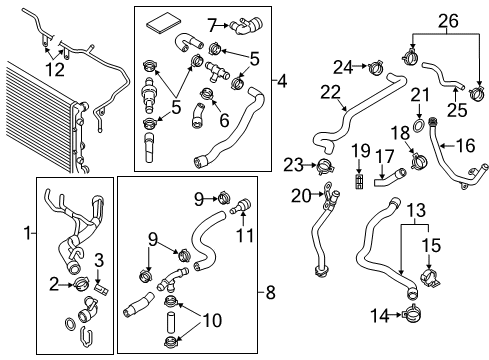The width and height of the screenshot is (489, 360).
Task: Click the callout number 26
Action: pyautogui.click(x=448, y=21)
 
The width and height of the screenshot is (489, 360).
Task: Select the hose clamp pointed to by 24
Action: pyautogui.click(x=376, y=67)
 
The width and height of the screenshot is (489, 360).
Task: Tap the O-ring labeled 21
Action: pyautogui.click(x=418, y=124)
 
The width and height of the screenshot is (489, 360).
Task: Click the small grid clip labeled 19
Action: pyautogui.click(x=359, y=182)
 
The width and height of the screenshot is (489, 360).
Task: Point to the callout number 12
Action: pyautogui.click(x=55, y=70)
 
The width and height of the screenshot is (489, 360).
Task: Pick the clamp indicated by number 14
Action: pyautogui.click(x=412, y=314)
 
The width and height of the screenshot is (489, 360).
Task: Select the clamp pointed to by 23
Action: pyautogui.click(x=325, y=166)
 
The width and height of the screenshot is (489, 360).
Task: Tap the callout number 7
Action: pyautogui.click(x=213, y=25)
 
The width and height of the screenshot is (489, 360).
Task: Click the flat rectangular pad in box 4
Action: pyautogui.click(x=164, y=23)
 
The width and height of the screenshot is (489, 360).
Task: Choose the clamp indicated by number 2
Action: pyautogui.click(x=81, y=284)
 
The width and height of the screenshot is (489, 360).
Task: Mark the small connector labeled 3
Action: pyautogui.click(x=102, y=288)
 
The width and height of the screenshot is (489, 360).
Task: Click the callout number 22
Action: pyautogui.click(x=330, y=93)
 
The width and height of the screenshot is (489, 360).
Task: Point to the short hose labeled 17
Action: pyautogui.click(x=390, y=178)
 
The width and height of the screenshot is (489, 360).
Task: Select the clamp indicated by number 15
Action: pyautogui.click(x=430, y=277)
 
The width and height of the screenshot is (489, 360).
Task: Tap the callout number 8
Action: pyautogui.click(x=270, y=293)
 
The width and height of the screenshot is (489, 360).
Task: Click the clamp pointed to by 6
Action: pyautogui.click(x=208, y=93)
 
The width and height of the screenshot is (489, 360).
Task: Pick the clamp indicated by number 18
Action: pyautogui.click(x=419, y=160)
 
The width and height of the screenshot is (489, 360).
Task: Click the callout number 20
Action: pyautogui.click(x=301, y=196)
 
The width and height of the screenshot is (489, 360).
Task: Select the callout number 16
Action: pyautogui.click(x=465, y=146)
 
